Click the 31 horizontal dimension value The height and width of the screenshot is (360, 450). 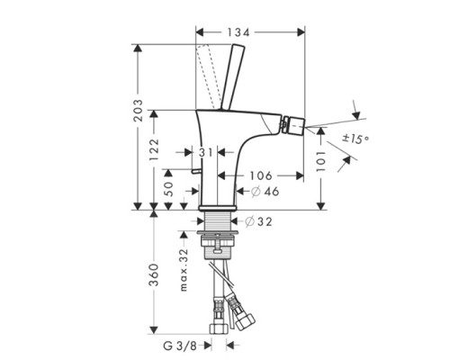click(x=207, y=151)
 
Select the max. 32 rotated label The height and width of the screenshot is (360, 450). click(x=184, y=270)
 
